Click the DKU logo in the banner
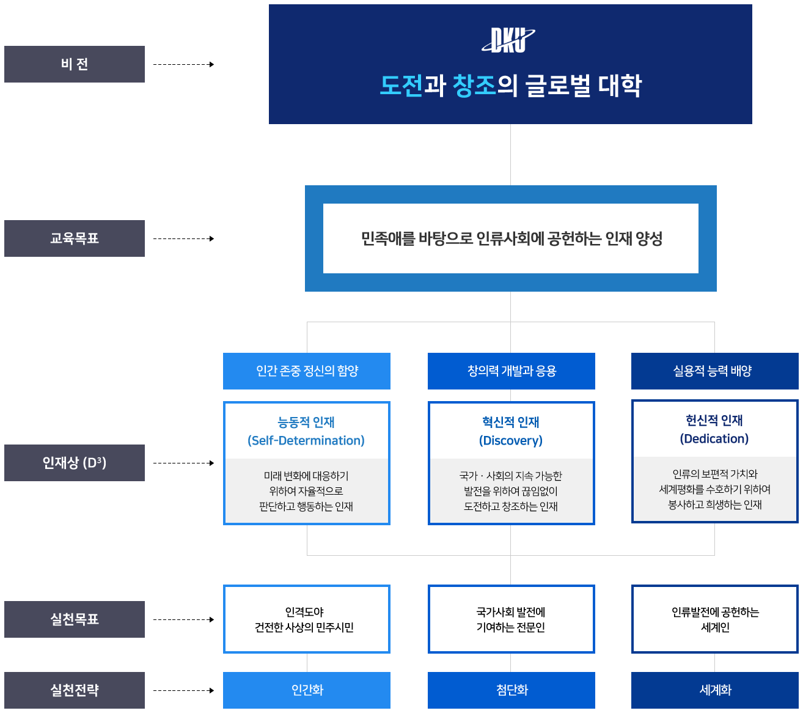tap(508, 40)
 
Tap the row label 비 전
tap(75, 64)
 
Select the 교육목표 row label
tap(75, 238)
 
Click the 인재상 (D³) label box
tap(75, 463)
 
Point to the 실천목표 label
tap(75, 619)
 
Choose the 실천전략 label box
tap(75, 690)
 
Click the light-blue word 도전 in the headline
tap(401, 86)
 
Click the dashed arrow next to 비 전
tap(183, 64)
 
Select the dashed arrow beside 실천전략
tap(183, 690)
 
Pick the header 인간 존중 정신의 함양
tap(307, 371)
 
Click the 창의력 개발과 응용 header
tap(512, 371)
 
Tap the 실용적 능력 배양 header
tap(714, 371)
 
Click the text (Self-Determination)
tap(306, 441)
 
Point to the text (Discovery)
tap(511, 441)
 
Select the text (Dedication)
tap(714, 439)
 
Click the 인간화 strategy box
tap(307, 690)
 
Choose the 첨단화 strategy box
tap(512, 690)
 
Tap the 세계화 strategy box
tap(714, 690)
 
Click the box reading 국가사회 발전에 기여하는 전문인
tap(511, 619)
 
